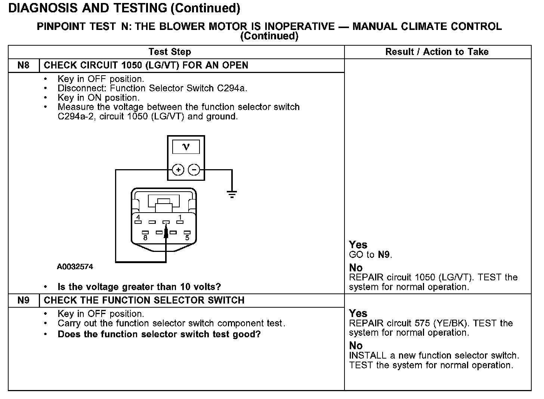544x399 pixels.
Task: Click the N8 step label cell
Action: pyautogui.click(x=23, y=66)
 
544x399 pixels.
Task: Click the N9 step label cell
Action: pyautogui.click(x=23, y=300)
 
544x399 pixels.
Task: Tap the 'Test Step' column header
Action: pyautogui.click(x=170, y=52)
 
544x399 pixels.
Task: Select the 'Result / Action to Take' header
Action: pyautogui.click(x=437, y=52)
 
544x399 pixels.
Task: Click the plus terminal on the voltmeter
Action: pyautogui.click(x=178, y=170)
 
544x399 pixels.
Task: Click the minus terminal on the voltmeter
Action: pyautogui.click(x=194, y=170)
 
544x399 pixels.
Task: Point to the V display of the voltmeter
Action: pyautogui.click(x=186, y=147)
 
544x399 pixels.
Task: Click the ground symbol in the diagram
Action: pyautogui.click(x=232, y=194)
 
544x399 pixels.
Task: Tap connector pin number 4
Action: pyautogui.click(x=138, y=222)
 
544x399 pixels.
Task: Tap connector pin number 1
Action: pyautogui.click(x=180, y=222)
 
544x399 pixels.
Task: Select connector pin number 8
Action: pyautogui.click(x=145, y=233)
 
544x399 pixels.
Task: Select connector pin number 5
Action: pyautogui.click(x=187, y=233)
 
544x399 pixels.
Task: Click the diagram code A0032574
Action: pyautogui.click(x=75, y=267)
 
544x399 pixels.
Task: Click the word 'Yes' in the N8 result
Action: pyautogui.click(x=358, y=245)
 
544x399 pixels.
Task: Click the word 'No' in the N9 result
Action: pyautogui.click(x=356, y=345)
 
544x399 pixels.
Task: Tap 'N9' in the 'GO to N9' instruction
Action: pyautogui.click(x=384, y=255)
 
